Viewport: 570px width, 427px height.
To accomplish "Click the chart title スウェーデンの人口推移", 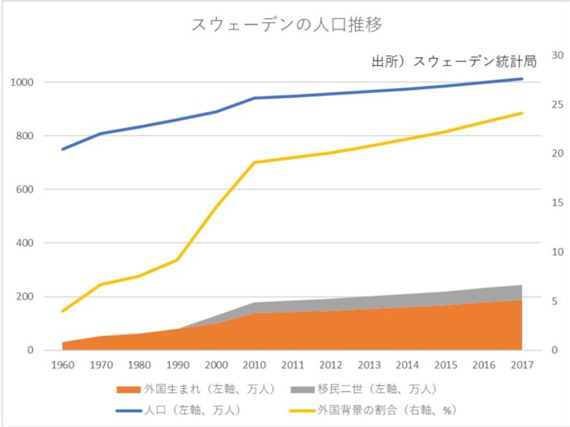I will coord(286,25).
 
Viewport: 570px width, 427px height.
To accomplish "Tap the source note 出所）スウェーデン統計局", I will coord(454,61).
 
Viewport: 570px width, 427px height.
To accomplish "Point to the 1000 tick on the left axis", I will coord(22,82).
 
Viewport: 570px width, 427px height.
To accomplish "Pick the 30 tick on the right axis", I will coord(557,55).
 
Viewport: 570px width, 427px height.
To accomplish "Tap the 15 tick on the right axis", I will coord(557,203).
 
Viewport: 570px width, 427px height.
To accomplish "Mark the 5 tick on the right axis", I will coord(554,301).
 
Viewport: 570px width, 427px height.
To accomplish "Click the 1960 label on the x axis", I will coord(63,365).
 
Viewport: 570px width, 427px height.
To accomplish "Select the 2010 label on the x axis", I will coord(254,365).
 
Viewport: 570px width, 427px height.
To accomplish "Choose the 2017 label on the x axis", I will coord(522,365).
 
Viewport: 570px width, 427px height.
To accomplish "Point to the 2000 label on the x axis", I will coord(216,365).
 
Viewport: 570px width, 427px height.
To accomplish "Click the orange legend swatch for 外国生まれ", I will coord(128,390).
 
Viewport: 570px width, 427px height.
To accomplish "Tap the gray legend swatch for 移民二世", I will coord(302,390).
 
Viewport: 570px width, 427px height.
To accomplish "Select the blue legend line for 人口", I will coord(128,410).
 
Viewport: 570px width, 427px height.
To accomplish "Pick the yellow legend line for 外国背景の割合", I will coord(302,410).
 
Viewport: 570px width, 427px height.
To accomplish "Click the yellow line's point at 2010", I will coord(254,162).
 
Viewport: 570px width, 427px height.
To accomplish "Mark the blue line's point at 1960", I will coord(63,149).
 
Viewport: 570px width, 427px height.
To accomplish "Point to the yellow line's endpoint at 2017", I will coord(522,113).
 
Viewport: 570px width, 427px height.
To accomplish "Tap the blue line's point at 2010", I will coord(254,98).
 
